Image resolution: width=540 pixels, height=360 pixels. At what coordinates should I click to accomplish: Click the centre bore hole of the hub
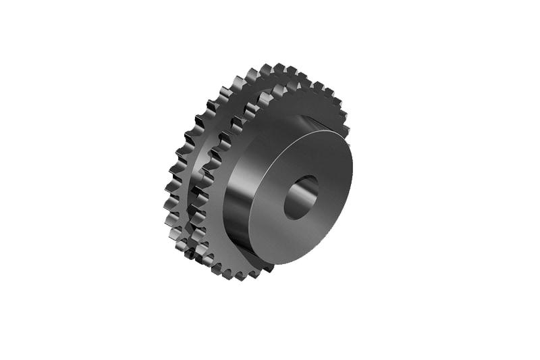coord(300,197)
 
